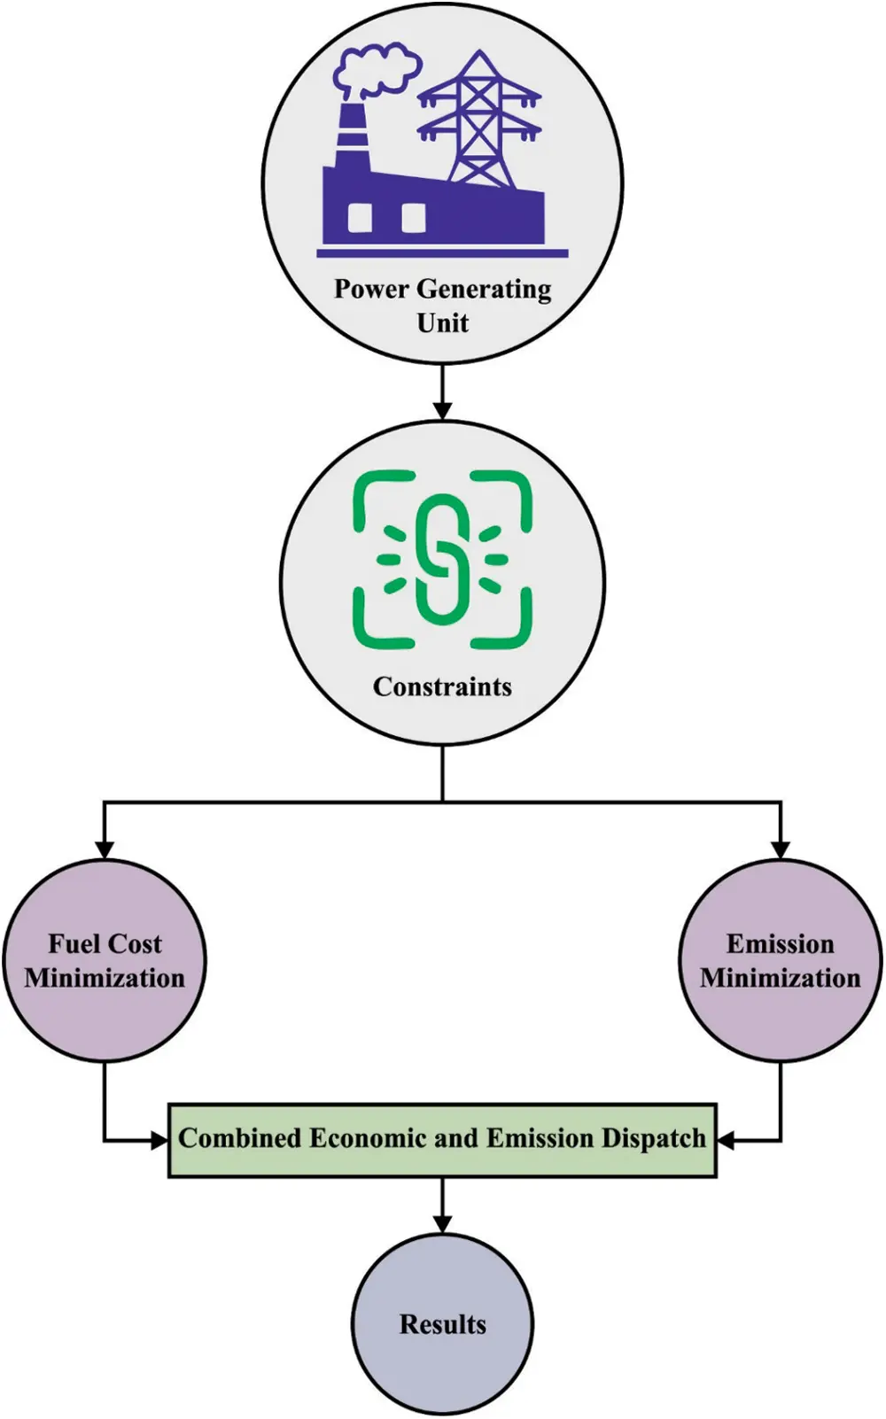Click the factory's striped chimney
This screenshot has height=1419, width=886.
point(351,137)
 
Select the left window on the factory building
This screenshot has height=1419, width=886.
point(360,217)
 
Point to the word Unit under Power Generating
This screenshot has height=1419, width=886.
point(442,323)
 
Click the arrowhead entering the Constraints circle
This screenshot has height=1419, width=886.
point(442,410)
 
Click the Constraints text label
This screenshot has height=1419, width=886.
point(442,687)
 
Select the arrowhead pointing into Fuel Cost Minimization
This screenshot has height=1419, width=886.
point(105,849)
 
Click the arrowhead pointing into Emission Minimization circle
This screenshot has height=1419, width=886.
point(780,849)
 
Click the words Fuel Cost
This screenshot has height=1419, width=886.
point(105,944)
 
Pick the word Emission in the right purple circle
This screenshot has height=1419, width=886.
point(780,944)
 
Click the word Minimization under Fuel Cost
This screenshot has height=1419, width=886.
point(105,979)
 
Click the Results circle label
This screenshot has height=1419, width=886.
point(442,1325)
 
